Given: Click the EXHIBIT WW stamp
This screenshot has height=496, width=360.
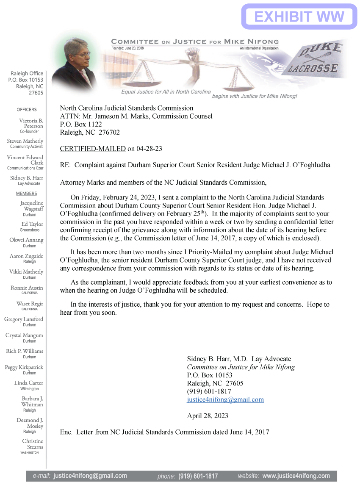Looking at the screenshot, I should [x=299, y=17].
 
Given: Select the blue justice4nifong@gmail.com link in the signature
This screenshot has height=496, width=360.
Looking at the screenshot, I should [x=225, y=399].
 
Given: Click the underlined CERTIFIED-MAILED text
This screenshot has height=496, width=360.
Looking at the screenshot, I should [x=93, y=149].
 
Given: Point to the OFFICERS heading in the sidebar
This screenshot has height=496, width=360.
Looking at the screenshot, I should [x=27, y=110].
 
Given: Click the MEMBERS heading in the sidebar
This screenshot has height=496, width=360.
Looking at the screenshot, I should [x=27, y=194].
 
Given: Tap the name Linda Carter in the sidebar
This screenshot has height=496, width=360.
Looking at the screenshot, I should [x=29, y=383].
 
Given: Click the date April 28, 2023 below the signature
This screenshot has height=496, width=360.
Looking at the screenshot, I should [x=208, y=416].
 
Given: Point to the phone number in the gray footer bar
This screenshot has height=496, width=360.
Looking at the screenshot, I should [x=198, y=476].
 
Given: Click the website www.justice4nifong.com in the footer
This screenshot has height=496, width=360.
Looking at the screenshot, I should [x=296, y=476].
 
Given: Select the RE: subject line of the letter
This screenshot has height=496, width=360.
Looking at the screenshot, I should [x=195, y=165].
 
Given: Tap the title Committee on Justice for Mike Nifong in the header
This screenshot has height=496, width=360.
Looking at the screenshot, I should [x=195, y=42].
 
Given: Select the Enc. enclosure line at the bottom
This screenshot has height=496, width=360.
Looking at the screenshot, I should [x=165, y=432].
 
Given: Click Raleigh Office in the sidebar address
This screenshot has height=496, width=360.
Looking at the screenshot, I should [x=27, y=73].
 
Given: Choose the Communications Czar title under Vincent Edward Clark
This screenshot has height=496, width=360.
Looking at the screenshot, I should [x=25, y=168].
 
